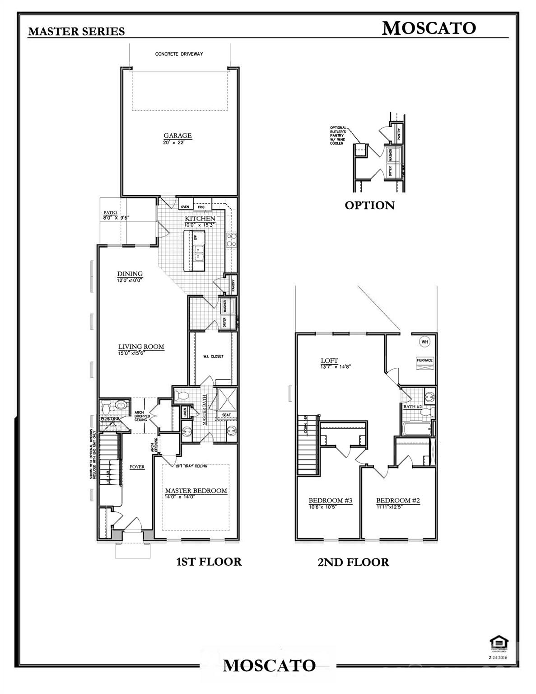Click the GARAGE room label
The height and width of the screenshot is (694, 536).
pos(177,136)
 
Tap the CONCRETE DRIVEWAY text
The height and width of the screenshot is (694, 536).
pos(179,54)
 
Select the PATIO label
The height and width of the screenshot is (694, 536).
pos(110,212)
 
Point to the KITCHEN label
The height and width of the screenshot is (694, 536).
pos(200,219)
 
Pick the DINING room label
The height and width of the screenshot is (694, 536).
pos(130,274)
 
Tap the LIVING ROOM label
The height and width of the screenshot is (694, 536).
pos(141,347)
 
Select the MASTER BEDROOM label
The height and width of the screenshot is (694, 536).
pos(196,491)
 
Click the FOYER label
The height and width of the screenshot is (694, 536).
pos(137,467)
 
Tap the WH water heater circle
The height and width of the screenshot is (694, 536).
pos(425,342)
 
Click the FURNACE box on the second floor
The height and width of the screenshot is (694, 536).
pos(424,361)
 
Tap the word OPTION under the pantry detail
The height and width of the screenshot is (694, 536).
pos(369,206)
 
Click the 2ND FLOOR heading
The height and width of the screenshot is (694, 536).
pos(353,562)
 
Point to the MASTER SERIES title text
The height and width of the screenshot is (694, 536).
pos(76,31)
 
